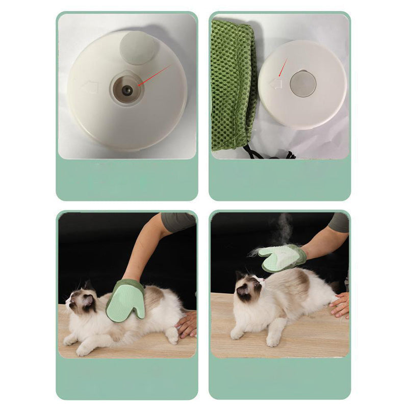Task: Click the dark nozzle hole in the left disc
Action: pyautogui.click(x=127, y=90)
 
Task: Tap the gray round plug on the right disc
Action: pyautogui.click(x=303, y=84)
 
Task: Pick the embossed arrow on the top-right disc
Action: pyautogui.click(x=276, y=83)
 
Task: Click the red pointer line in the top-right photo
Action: pyautogui.click(x=283, y=67)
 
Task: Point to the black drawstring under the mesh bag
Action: pyautogui.click(x=265, y=153)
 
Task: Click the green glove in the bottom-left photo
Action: pyautogui.click(x=126, y=301)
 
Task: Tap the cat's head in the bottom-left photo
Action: pyautogui.click(x=82, y=301)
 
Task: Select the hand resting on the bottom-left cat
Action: pyautogui.click(x=187, y=324)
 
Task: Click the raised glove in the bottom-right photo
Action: pyautogui.click(x=282, y=258)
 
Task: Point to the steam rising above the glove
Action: pyautogui.click(x=284, y=229)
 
